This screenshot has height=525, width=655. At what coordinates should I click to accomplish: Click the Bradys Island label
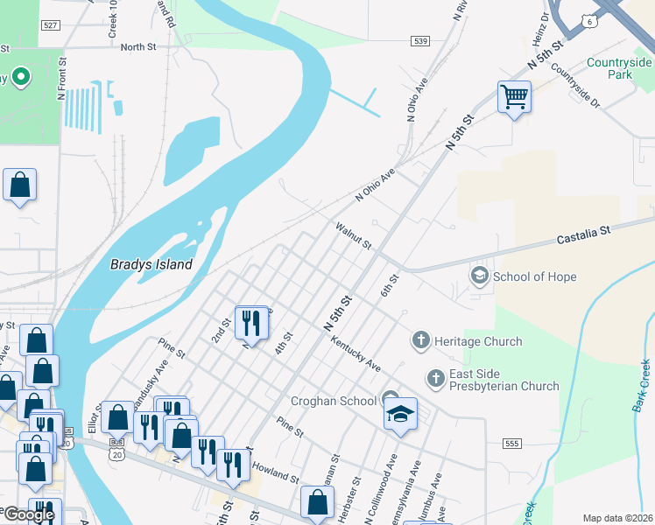(151, 263)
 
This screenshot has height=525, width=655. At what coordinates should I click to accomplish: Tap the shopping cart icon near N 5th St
(514, 97)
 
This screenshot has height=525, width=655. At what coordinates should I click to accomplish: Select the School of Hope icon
(479, 276)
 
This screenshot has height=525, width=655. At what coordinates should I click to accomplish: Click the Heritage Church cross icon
(421, 341)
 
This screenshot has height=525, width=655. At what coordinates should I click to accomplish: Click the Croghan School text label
(334, 401)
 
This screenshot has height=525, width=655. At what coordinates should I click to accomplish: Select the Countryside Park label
(619, 68)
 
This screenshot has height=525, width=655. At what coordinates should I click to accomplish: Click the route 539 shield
(421, 41)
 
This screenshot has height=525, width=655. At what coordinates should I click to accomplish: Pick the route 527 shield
(51, 27)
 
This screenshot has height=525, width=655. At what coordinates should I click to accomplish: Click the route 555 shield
(512, 444)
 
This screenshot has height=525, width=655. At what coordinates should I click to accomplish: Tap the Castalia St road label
(583, 234)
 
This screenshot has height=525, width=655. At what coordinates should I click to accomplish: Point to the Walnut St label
(355, 234)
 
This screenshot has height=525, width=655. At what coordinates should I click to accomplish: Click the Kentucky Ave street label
(356, 351)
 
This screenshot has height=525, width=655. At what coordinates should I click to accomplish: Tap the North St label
(137, 47)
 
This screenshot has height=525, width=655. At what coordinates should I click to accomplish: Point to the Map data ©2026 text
(616, 518)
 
